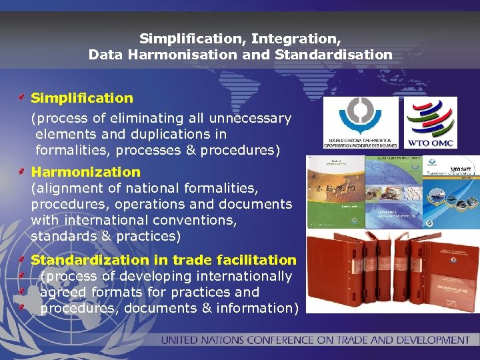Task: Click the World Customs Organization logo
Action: coord(361,123)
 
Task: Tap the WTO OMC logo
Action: coord(431,123)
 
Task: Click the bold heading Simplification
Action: coord(82,98)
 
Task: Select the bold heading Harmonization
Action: coord(86,172)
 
